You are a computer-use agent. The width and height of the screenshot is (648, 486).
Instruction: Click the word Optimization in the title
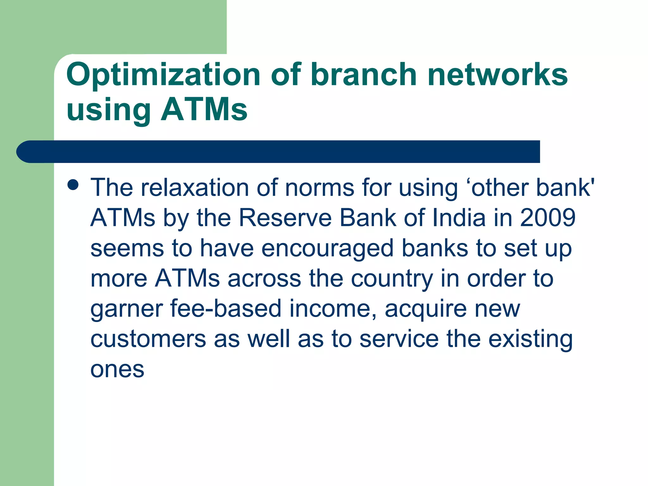(163, 75)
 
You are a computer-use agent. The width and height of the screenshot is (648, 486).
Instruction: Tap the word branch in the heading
(364, 75)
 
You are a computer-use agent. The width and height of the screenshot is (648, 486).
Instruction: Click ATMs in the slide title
(204, 110)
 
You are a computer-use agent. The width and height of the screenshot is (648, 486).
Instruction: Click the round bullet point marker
(73, 185)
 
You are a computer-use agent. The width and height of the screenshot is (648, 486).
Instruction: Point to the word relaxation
(195, 188)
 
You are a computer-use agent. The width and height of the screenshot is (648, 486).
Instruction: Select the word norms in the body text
(320, 188)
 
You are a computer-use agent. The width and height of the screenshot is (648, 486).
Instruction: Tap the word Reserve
(285, 218)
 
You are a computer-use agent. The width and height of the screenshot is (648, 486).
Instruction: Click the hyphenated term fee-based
(226, 309)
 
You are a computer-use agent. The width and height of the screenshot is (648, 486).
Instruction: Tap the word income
(333, 309)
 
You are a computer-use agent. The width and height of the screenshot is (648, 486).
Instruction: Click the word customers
(148, 339)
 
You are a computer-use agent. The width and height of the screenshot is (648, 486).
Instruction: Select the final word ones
(117, 370)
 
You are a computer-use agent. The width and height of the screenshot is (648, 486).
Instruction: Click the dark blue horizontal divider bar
(278, 152)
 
